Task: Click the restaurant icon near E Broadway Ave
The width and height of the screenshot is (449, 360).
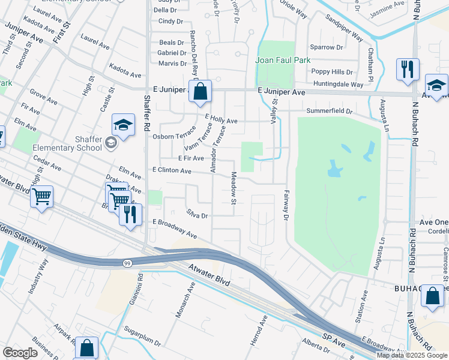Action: [x=130, y=214]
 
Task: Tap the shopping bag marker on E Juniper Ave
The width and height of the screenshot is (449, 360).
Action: [x=200, y=92]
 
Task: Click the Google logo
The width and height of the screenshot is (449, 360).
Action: [x=20, y=353]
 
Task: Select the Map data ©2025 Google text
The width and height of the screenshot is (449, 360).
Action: [x=412, y=355]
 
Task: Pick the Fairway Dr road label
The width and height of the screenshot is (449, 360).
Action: [x=286, y=205]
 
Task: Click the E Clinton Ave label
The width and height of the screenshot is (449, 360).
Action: [x=172, y=171]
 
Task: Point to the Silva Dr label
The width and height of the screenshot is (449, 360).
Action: [x=197, y=215]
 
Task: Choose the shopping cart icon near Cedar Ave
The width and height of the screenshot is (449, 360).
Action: [x=41, y=196]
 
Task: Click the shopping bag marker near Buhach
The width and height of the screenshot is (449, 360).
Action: [x=432, y=296]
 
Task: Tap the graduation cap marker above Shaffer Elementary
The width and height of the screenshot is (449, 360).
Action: [x=123, y=125]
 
